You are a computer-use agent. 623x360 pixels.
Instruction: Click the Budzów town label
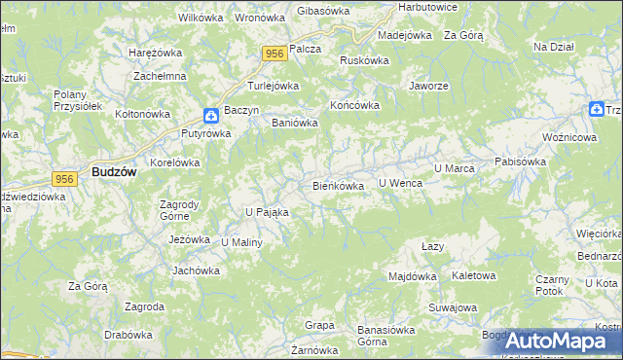(113, 170)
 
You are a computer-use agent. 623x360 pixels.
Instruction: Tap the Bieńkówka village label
(338, 185)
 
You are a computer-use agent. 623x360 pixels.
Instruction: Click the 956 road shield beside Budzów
(65, 178)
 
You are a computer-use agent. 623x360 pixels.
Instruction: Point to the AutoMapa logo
(552, 340)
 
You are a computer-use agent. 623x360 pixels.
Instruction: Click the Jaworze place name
(428, 86)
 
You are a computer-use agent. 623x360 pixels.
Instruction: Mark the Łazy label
(432, 246)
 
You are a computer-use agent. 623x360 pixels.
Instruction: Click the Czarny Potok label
(551, 284)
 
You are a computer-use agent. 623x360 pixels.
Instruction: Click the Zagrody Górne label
(179, 210)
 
